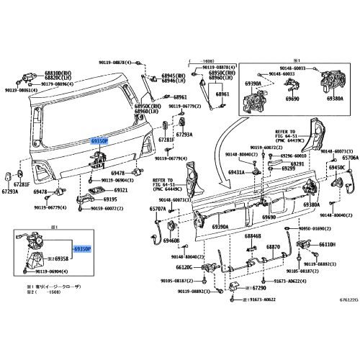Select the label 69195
109,199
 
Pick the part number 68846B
253,235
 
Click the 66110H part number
328,245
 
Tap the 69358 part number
63,257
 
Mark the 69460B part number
171,240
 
